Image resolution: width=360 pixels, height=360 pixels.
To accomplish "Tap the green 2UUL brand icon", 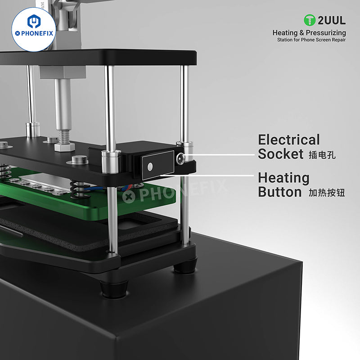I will click(310, 20).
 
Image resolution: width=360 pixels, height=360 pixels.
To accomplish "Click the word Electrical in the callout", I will click(288, 140).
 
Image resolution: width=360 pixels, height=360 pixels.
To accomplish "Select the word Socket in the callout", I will click(280, 154).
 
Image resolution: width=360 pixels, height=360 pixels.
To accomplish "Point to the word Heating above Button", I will click(283, 178).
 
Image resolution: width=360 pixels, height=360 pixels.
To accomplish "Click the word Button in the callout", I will click(279, 192).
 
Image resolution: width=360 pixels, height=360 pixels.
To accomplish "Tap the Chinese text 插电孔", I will click(322, 156).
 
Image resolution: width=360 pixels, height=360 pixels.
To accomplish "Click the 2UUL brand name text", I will click(331, 20).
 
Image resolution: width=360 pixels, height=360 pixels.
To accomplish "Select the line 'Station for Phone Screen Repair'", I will click(311, 40).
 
